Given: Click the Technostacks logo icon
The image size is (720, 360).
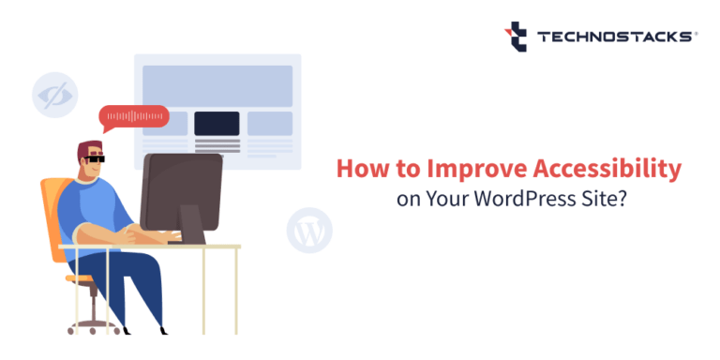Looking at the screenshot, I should point(515,37).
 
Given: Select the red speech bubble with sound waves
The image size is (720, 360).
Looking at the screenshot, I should point(134,117).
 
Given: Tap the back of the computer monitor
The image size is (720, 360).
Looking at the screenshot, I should point(181,192).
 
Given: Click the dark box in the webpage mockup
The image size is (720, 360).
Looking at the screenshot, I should point(217,123).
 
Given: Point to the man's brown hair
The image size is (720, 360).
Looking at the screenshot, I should point(88,147).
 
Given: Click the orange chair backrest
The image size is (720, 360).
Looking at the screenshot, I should point(52,211).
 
